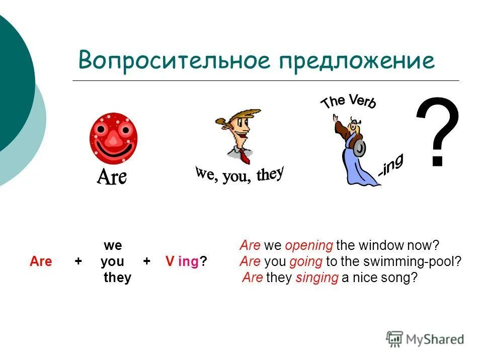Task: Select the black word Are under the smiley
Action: pyautogui.click(x=112, y=176)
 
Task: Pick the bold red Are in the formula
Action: pyautogui.click(x=41, y=262)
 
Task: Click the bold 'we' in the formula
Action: pyautogui.click(x=113, y=246)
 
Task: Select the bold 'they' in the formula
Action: pyautogui.click(x=117, y=278)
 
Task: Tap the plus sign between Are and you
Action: pyautogui.click(x=78, y=262)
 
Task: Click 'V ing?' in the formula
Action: pyautogui.click(x=186, y=262)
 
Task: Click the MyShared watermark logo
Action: pyautogui.click(x=425, y=339)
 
